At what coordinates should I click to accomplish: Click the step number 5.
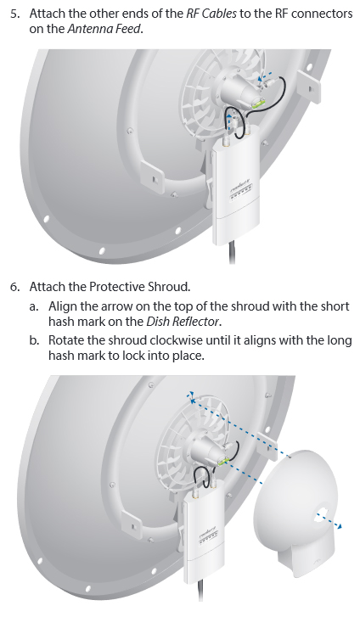pyautogui.click(x=14, y=14)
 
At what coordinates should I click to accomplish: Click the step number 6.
pyautogui.click(x=14, y=287)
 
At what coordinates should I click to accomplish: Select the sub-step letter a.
pyautogui.click(x=33, y=306)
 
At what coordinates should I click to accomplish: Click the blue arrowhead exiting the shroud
pyautogui.click(x=339, y=526)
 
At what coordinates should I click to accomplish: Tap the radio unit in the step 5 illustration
pyautogui.click(x=235, y=188)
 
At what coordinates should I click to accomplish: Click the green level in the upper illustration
pyautogui.click(x=257, y=104)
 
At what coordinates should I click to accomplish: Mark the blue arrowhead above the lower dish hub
pyautogui.click(x=191, y=395)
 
